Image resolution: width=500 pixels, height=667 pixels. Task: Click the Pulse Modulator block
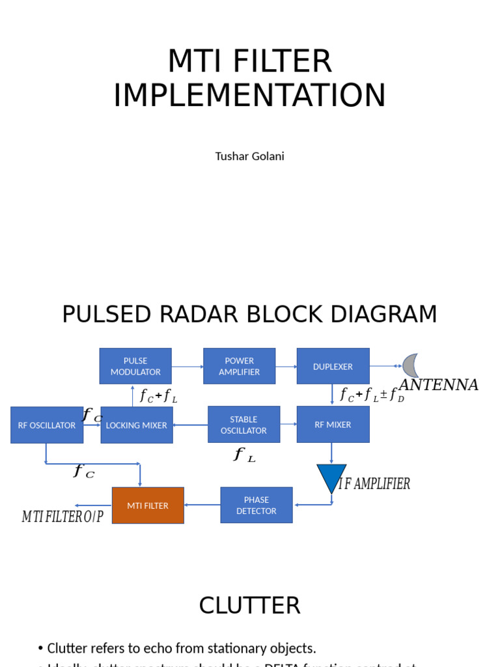135,366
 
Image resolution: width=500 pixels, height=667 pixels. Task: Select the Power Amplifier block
239,366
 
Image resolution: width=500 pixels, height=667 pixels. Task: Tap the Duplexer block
333,366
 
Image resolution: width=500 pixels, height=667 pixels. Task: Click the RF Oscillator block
47,425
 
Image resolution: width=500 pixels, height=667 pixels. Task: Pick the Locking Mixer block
137,425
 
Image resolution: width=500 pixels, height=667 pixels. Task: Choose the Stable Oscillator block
243,425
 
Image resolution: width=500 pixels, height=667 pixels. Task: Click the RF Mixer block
333,425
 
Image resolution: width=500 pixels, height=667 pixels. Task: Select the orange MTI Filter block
148,505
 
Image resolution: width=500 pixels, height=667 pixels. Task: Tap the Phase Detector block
257,505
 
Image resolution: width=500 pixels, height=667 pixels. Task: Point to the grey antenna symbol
410,365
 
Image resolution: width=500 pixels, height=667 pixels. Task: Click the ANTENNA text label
438,385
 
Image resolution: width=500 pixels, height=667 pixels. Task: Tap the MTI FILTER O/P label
62,517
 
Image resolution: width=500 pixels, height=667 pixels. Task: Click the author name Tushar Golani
249,156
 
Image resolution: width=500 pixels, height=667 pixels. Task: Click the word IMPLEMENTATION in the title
249,95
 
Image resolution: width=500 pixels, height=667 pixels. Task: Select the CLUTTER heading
249,606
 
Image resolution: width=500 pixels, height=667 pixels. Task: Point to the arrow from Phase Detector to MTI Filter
202,505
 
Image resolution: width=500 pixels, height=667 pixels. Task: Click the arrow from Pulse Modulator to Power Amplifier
187,367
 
